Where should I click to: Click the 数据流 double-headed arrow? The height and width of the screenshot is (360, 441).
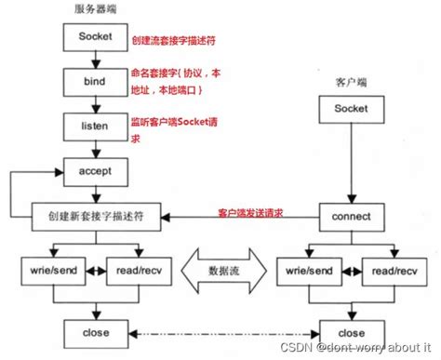220,271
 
